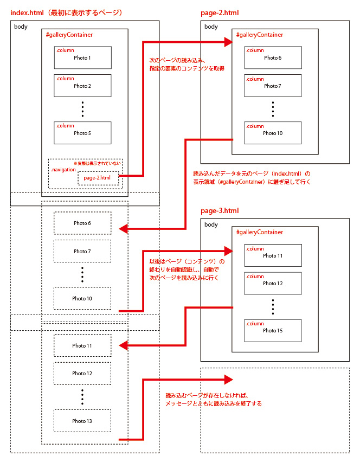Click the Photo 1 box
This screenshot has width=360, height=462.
[x=82, y=57]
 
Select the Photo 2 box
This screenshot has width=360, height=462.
[x=82, y=85]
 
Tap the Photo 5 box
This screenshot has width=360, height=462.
[x=82, y=132]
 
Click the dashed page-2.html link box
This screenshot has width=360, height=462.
[x=98, y=178]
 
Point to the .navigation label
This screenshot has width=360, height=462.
[x=63, y=170]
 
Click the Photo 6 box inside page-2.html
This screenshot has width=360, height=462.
[x=273, y=57]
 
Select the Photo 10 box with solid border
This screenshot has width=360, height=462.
[x=273, y=132]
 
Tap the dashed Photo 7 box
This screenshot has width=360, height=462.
[x=82, y=251]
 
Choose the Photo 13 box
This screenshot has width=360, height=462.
[x=82, y=421]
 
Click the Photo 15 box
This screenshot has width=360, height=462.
[x=273, y=330]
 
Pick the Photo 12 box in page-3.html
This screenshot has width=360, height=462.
[x=273, y=283]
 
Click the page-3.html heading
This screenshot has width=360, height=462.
[x=220, y=210]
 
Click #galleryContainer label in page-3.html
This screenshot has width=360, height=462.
[x=260, y=232]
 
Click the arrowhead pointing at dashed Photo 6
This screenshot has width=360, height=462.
[x=123, y=228]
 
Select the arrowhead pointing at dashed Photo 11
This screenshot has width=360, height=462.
[x=123, y=345]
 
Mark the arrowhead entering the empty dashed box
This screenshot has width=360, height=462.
[x=228, y=380]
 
